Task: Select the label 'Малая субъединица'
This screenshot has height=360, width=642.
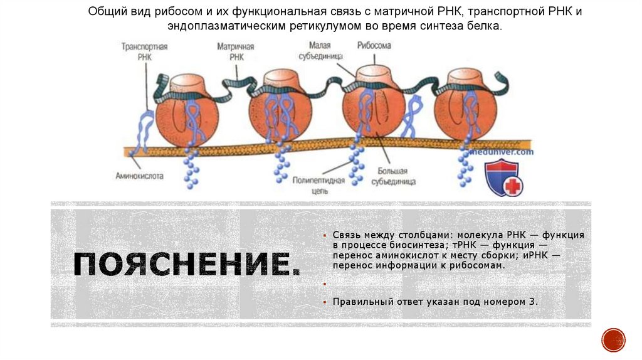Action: coord(324,50)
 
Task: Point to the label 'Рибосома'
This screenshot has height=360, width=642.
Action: coord(374,46)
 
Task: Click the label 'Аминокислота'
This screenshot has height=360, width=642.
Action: coord(139,176)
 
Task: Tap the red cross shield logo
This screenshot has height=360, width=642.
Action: coord(503,177)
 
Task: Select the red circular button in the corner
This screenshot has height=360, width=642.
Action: coord(613,340)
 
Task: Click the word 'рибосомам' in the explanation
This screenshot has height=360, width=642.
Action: coord(480,265)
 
